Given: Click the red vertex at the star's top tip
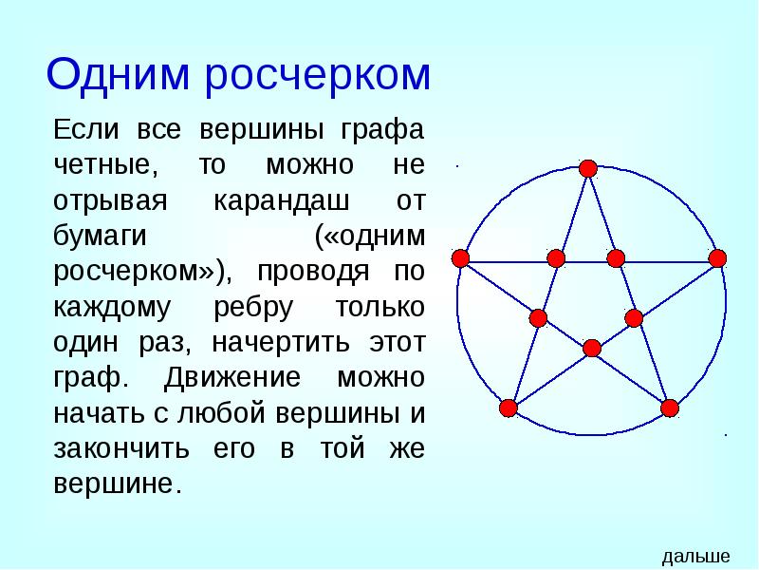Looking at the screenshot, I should (x=588, y=168).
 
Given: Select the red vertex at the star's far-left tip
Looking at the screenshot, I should (x=461, y=257).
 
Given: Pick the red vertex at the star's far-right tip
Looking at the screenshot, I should (x=717, y=257).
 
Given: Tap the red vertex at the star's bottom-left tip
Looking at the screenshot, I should (x=508, y=408).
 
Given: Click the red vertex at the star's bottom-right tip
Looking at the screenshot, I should (x=670, y=408).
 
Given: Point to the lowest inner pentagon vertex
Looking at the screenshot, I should (x=592, y=348).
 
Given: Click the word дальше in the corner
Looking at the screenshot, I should (x=695, y=557).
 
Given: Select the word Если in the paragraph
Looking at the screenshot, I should (x=83, y=129).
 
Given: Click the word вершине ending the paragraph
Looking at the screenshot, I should (x=116, y=484).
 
